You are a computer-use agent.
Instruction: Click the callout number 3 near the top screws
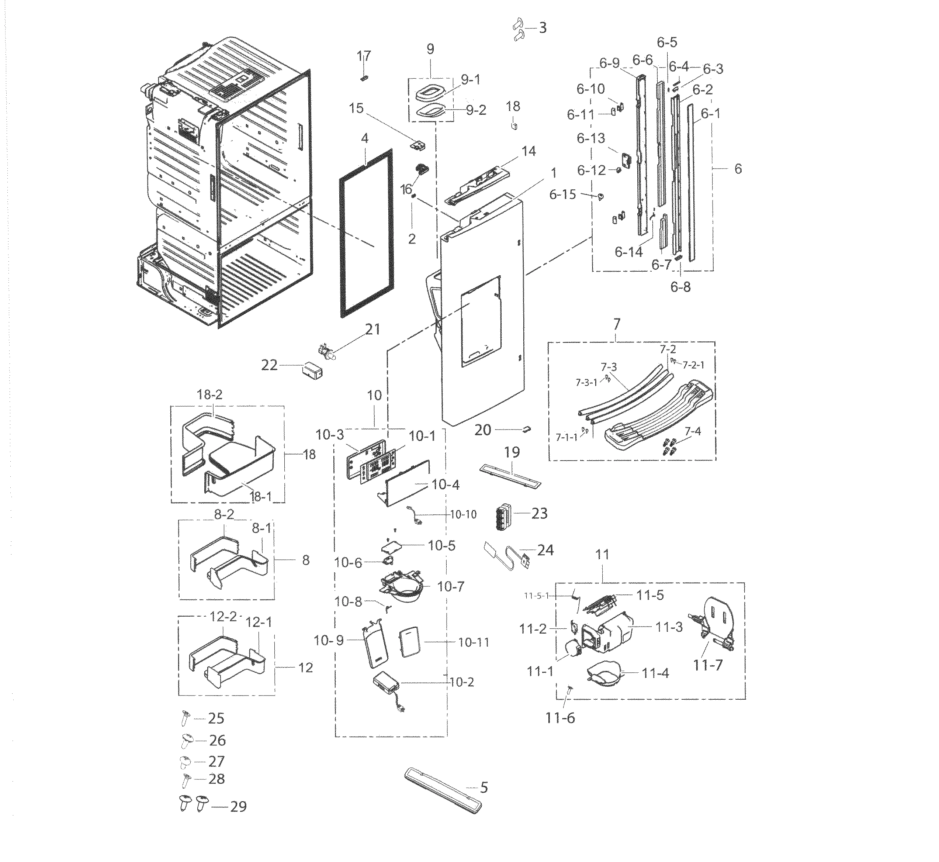pyautogui.click(x=542, y=28)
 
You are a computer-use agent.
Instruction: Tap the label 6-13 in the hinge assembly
pyautogui.click(x=591, y=138)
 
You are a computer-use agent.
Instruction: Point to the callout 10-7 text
pyautogui.click(x=451, y=587)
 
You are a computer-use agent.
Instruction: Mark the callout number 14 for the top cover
pyautogui.click(x=529, y=151)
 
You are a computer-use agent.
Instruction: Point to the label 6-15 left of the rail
pyautogui.click(x=562, y=194)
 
